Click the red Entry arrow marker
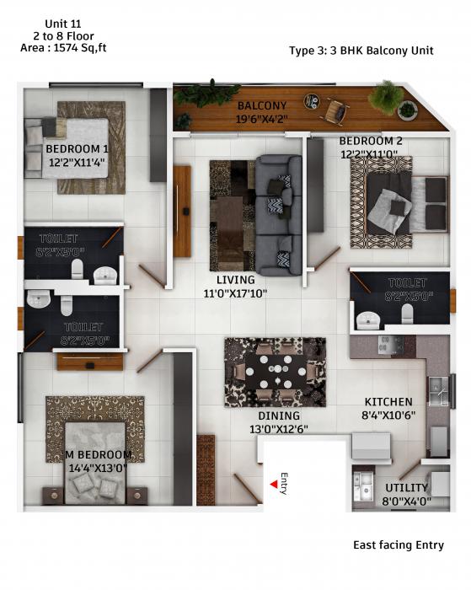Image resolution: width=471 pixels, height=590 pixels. (x=273, y=485)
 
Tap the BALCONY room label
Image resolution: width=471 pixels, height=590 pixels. (x=262, y=105)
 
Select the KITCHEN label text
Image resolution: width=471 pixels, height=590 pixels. (x=388, y=402)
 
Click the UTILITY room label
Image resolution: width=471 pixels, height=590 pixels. (x=407, y=488)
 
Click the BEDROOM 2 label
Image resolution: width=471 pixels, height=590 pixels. (x=371, y=141)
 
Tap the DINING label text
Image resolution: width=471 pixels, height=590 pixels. (x=280, y=416)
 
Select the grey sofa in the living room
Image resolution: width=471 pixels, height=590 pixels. (x=279, y=215)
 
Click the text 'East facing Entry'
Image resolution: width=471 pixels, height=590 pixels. (x=398, y=545)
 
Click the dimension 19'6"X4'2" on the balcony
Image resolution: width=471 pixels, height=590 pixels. (x=262, y=119)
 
